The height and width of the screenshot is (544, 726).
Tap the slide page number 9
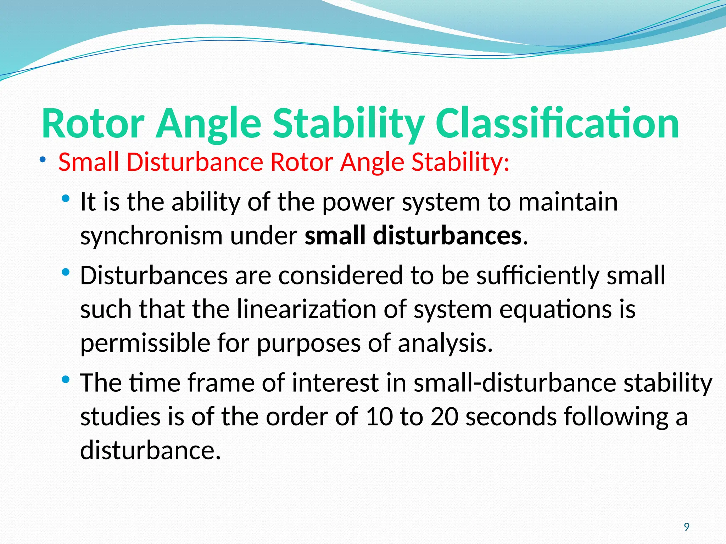coord(687,527)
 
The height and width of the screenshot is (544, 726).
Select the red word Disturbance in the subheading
coord(195,162)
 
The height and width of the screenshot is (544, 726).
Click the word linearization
coord(307,309)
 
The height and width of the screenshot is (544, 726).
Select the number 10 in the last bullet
coord(379,416)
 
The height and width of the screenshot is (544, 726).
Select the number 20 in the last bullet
coord(444,416)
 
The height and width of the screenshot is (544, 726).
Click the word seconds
coord(511,416)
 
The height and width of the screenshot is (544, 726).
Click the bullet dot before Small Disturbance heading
coord(43,160)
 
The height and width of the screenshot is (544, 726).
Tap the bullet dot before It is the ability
coord(66,199)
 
